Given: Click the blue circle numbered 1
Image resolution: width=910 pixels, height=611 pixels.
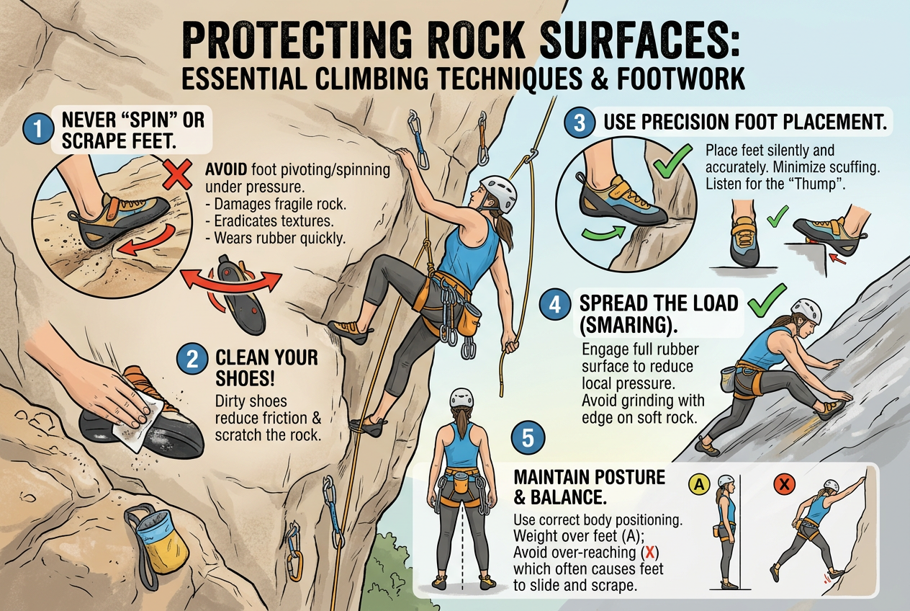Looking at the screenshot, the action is (x=39, y=128).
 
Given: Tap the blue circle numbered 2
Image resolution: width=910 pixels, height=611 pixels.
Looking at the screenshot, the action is (x=192, y=360).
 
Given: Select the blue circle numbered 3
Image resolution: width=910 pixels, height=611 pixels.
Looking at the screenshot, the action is (x=580, y=122).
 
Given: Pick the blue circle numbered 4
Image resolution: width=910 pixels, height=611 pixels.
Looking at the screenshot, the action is (x=555, y=305).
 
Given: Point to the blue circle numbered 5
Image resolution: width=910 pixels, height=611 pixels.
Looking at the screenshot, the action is (x=528, y=438).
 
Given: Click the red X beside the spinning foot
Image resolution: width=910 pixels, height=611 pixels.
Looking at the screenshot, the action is (x=178, y=174).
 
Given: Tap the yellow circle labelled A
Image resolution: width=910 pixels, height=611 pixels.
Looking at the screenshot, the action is (x=699, y=484).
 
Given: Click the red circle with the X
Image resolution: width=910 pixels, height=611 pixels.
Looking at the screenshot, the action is (x=785, y=484).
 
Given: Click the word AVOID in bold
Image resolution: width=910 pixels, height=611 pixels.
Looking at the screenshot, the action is (x=226, y=169).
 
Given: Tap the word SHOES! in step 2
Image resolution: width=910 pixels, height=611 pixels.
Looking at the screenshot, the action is (x=245, y=378).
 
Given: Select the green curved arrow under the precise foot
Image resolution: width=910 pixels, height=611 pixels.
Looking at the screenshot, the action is (x=603, y=233).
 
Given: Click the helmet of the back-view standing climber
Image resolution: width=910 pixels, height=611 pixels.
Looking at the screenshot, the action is (x=462, y=398).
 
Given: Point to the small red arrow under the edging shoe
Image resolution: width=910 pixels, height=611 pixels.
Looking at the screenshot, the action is (x=837, y=259).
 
